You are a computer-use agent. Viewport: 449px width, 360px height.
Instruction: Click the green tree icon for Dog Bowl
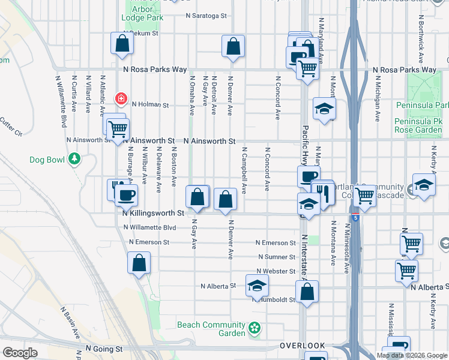coord(74,159)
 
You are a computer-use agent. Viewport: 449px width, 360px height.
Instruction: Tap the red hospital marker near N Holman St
coord(121,97)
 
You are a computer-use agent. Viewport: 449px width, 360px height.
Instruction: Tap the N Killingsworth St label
coord(152,213)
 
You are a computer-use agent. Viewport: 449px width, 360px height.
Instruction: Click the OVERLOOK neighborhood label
coord(303,346)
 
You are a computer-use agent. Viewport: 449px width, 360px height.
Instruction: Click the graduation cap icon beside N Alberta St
coord(256,286)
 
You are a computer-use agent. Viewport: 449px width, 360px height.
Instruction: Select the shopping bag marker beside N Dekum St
coord(122,44)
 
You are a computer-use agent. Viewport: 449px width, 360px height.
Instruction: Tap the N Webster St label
coord(276,271)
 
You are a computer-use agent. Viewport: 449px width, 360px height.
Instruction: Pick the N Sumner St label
coord(276,256)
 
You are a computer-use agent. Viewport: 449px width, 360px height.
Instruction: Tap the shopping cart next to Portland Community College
coord(364,195)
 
